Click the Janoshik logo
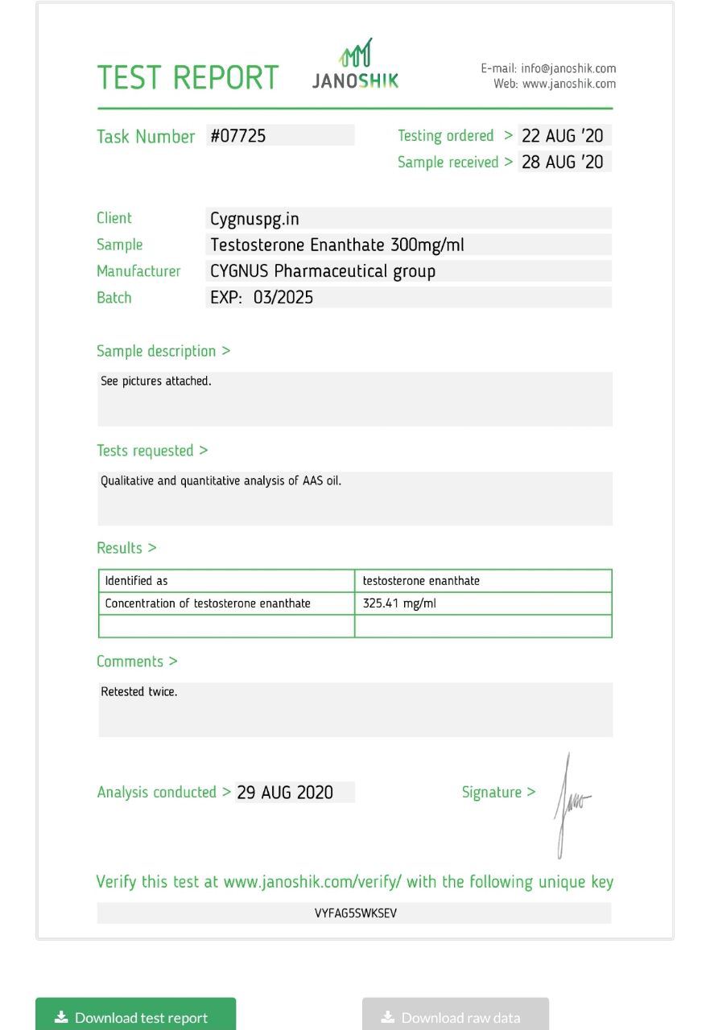pyautogui.click(x=355, y=64)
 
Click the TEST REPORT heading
pyautogui.click(x=188, y=78)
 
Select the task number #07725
pyautogui.click(x=238, y=136)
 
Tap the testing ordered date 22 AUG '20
pyautogui.click(x=562, y=136)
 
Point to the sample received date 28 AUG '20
pyautogui.click(x=562, y=162)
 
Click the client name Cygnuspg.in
pyautogui.click(x=254, y=219)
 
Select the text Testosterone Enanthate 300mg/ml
pyautogui.click(x=337, y=245)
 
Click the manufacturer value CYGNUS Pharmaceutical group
pyautogui.click(x=323, y=271)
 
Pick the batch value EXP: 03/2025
pyautogui.click(x=262, y=298)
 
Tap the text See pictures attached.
pyautogui.click(x=156, y=381)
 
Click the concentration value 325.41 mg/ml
pyautogui.click(x=399, y=604)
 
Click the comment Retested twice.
pyautogui.click(x=139, y=692)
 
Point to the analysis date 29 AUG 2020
pyautogui.click(x=285, y=793)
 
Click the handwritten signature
pyautogui.click(x=570, y=805)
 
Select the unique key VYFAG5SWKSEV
pyautogui.click(x=355, y=913)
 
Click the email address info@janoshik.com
pyautogui.click(x=568, y=69)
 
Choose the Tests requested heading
pyautogui.click(x=152, y=451)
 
